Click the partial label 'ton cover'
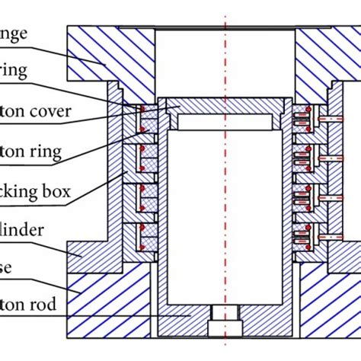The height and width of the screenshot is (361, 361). click(x=35, y=111)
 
